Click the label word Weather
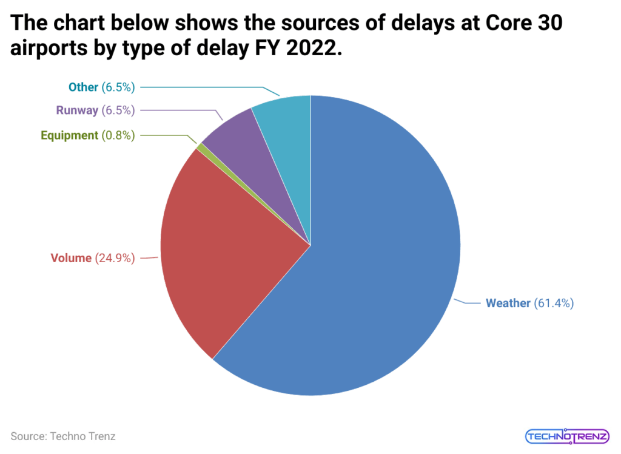pos(508,303)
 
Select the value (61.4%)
pos(554,303)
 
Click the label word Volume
pos(71,258)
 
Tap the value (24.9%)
pos(115,258)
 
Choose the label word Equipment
pos(69,135)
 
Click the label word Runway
pos(77,110)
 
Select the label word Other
pos(83,87)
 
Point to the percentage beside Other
pos(118,87)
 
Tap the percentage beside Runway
pos(118,110)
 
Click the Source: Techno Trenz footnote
pos(63,436)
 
